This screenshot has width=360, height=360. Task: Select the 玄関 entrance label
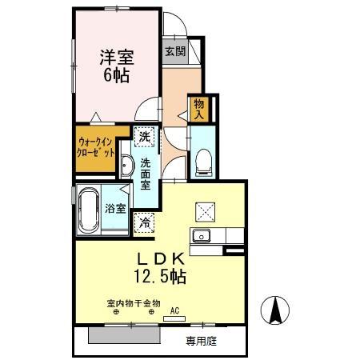coord(175,51)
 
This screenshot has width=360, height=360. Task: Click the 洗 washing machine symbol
coord(144,136)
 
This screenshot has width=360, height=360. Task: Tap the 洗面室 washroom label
coord(146,174)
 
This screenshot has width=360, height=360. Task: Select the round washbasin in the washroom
coord(126,166)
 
